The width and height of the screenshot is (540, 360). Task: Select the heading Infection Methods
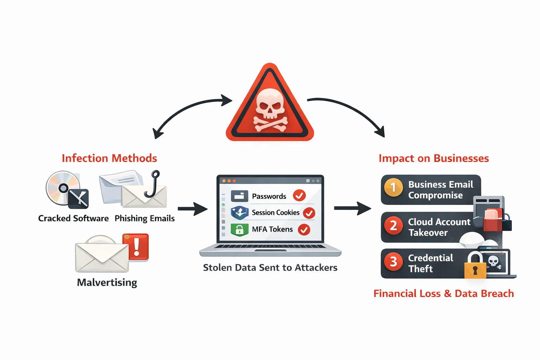pos(109,158)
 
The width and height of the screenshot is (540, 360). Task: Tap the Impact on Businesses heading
pos(433,159)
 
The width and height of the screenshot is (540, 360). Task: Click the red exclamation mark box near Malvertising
pos(136,247)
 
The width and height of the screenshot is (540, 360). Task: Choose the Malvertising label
pos(107,283)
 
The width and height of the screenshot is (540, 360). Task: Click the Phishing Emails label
pos(144,218)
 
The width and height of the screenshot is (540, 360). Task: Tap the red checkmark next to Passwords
pos(299,195)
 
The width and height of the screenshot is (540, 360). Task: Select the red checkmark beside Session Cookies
pos(309,213)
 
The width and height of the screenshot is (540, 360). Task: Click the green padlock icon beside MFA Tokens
pos(239,230)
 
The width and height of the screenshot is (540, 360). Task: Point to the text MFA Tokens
pos(272,229)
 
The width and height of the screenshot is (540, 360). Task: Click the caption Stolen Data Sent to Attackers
pos(270,268)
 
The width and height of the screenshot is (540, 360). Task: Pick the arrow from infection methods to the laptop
pos(192,209)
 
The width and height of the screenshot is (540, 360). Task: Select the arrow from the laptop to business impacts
pos(352,208)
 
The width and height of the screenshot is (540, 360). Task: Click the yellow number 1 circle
pos(393,187)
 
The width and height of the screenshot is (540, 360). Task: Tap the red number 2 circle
pos(393,225)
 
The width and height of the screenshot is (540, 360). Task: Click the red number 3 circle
pos(393,262)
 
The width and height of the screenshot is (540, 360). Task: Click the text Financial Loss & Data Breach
pos(443,294)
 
